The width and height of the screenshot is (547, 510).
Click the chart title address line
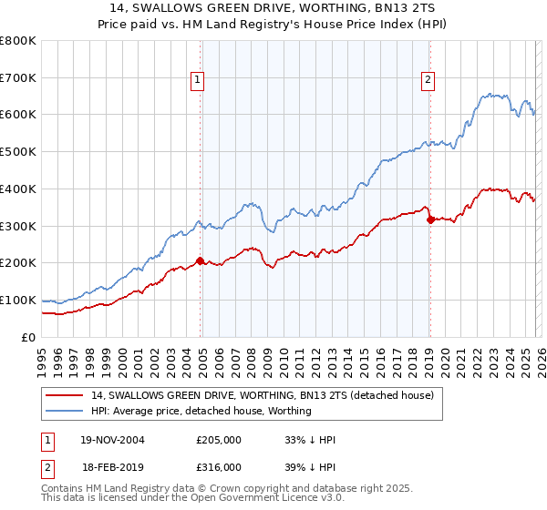(273, 8)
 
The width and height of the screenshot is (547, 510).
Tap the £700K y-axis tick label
(18, 77)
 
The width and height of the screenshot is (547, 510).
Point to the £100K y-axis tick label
(18, 300)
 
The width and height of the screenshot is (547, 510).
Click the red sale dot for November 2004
(201, 260)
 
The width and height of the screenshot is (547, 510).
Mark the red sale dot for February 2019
(430, 219)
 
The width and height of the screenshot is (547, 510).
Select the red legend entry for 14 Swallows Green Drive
(263, 395)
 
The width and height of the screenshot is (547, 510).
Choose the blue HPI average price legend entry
(201, 411)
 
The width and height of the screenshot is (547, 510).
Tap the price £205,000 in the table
(219, 440)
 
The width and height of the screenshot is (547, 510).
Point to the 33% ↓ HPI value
(310, 440)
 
